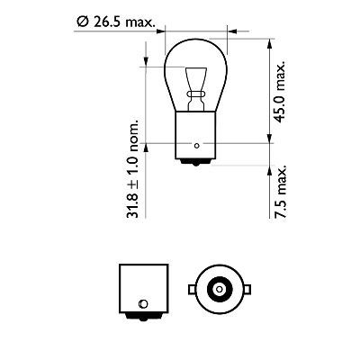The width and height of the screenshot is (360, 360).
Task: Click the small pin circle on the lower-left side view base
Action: coord(139,302)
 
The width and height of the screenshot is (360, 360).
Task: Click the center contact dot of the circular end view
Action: coord(216,288)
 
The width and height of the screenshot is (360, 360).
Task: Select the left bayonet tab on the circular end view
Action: coord(190,288)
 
